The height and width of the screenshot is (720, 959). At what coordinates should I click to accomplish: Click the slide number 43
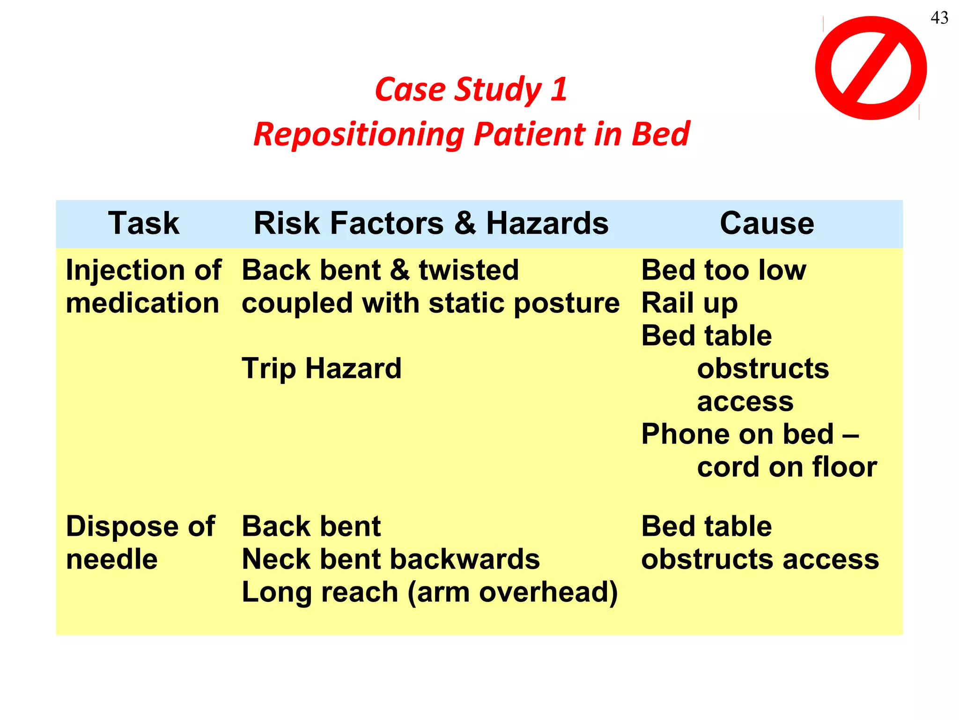coord(939,18)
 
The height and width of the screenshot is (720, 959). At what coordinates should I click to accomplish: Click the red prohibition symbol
coord(870,68)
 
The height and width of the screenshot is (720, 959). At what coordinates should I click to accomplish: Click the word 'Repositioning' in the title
coord(359,135)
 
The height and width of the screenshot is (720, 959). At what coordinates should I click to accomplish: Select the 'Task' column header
coord(144,223)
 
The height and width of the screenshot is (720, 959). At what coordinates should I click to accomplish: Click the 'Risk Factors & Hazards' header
coord(431,223)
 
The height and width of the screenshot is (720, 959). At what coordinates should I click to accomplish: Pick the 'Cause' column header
coord(767,223)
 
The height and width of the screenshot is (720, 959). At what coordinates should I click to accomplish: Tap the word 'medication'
coord(142,303)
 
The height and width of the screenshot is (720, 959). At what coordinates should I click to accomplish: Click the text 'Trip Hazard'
coord(322,368)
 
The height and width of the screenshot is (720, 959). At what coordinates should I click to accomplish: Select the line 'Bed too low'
coord(723,270)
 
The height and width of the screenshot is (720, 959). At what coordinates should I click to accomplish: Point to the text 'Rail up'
coord(689,303)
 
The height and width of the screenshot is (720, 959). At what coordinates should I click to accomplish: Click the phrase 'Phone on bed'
coord(738,434)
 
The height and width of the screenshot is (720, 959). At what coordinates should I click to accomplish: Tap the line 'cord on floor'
coord(787,467)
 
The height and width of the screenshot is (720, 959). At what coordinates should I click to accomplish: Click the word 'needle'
coord(111,559)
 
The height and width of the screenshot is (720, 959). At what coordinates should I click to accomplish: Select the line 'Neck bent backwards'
coord(391,559)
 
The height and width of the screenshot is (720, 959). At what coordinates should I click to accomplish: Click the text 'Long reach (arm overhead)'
coord(429,592)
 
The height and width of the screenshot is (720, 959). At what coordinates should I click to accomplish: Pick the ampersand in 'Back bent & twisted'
coord(399,270)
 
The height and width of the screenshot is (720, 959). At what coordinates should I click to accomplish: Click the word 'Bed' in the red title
coord(660,135)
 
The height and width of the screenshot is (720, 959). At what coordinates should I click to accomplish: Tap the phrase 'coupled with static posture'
coord(430,303)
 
